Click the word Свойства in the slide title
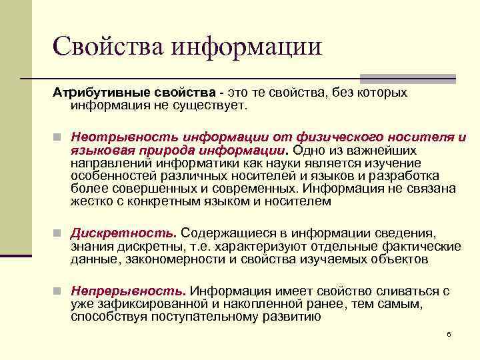pos(107,46)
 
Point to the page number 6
pos(449,333)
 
